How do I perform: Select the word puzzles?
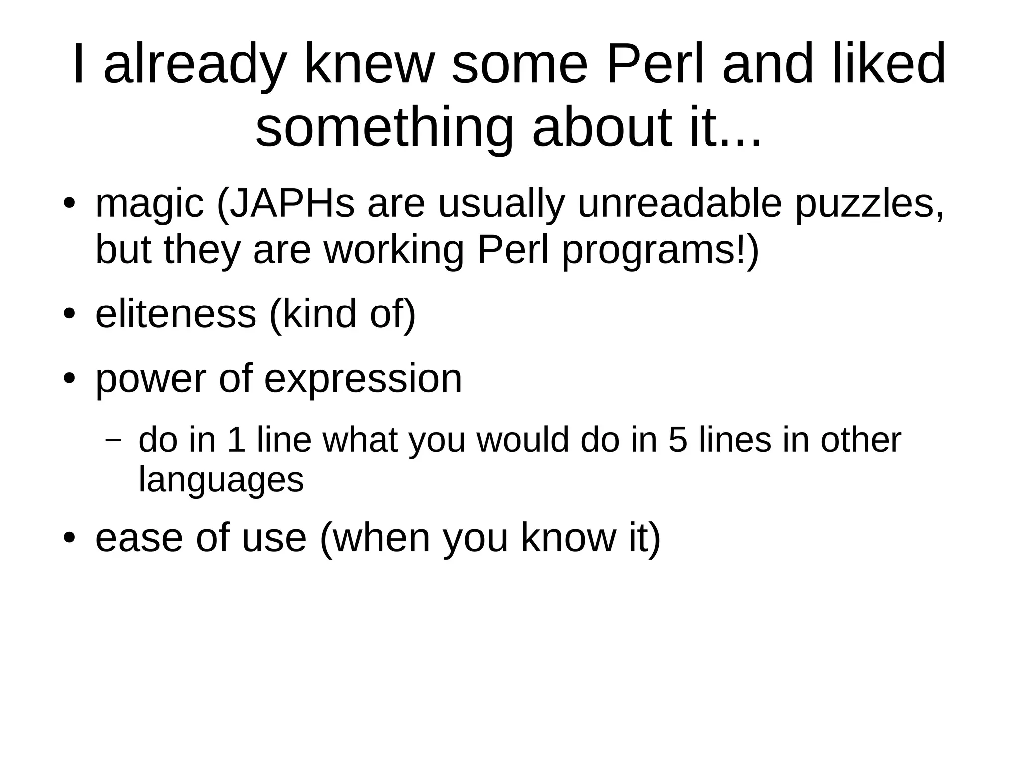tap(869, 204)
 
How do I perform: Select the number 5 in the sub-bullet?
tap(678, 440)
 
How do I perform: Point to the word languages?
tap(221, 481)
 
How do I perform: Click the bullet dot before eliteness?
tap(69, 314)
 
